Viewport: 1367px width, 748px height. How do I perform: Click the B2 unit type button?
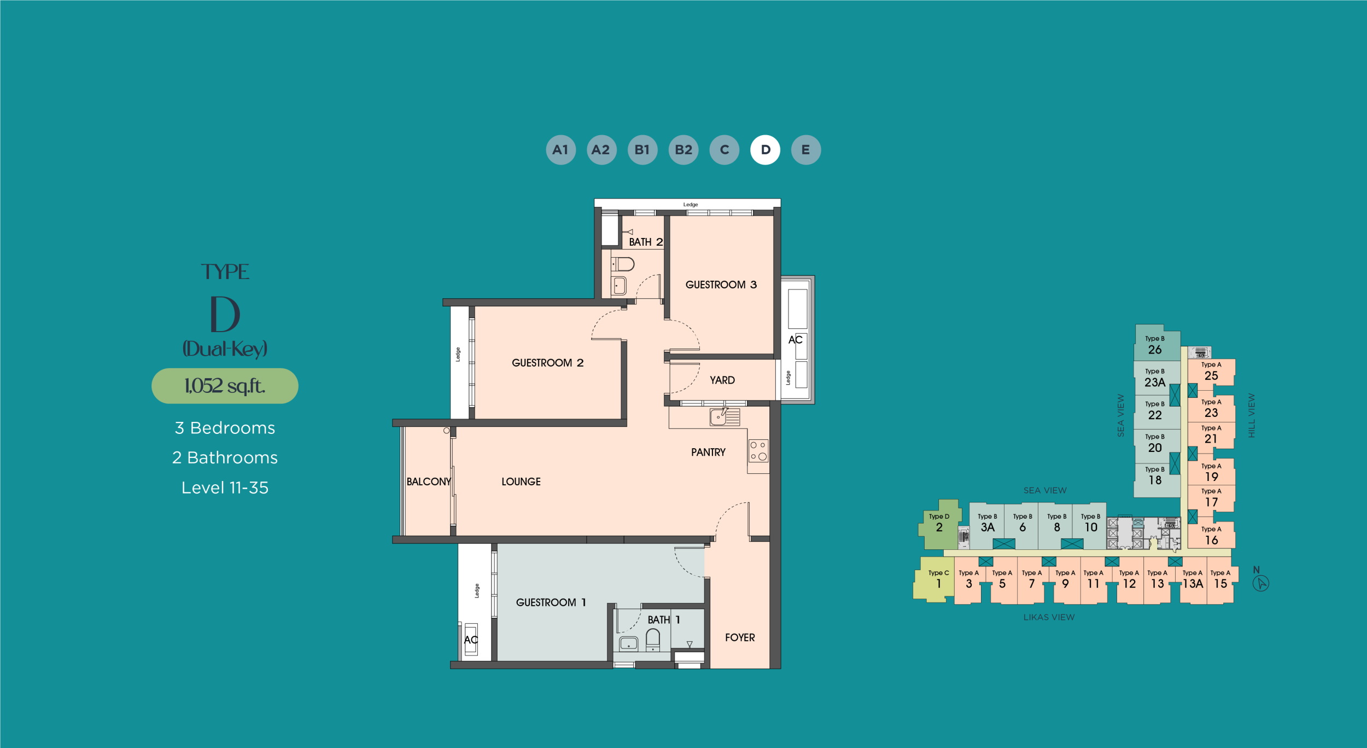tap(683, 149)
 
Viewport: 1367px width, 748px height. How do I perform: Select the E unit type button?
tap(806, 149)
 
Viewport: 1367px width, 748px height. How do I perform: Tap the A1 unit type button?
tap(560, 149)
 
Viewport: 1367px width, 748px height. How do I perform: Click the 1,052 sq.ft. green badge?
tap(225, 386)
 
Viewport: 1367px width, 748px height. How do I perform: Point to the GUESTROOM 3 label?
tap(721, 285)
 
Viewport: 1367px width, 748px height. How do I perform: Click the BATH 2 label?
tap(645, 242)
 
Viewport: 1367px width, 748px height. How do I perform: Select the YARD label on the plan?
tap(722, 380)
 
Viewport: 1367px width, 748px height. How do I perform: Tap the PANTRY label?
tap(708, 453)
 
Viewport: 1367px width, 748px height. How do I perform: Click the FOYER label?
tap(740, 637)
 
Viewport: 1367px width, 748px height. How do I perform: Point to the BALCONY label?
tap(428, 482)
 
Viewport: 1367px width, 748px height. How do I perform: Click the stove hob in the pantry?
tap(758, 451)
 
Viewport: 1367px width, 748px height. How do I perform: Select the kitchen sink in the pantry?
tap(725, 417)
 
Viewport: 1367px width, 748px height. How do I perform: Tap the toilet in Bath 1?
tap(653, 639)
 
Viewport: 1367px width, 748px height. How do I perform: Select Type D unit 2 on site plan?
tap(939, 524)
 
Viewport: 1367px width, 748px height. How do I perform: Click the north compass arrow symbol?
tap(1260, 583)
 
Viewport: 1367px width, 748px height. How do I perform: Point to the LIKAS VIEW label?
tap(1049, 617)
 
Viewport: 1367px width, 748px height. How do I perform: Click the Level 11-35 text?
tap(225, 488)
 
